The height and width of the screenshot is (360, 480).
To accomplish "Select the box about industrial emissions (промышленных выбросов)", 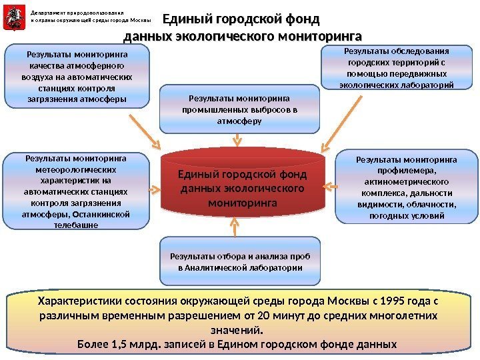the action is click(239, 109).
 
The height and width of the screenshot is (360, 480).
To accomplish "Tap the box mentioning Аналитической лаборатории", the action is click(240, 261).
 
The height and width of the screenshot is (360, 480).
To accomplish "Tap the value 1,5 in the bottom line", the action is click(115, 345).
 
